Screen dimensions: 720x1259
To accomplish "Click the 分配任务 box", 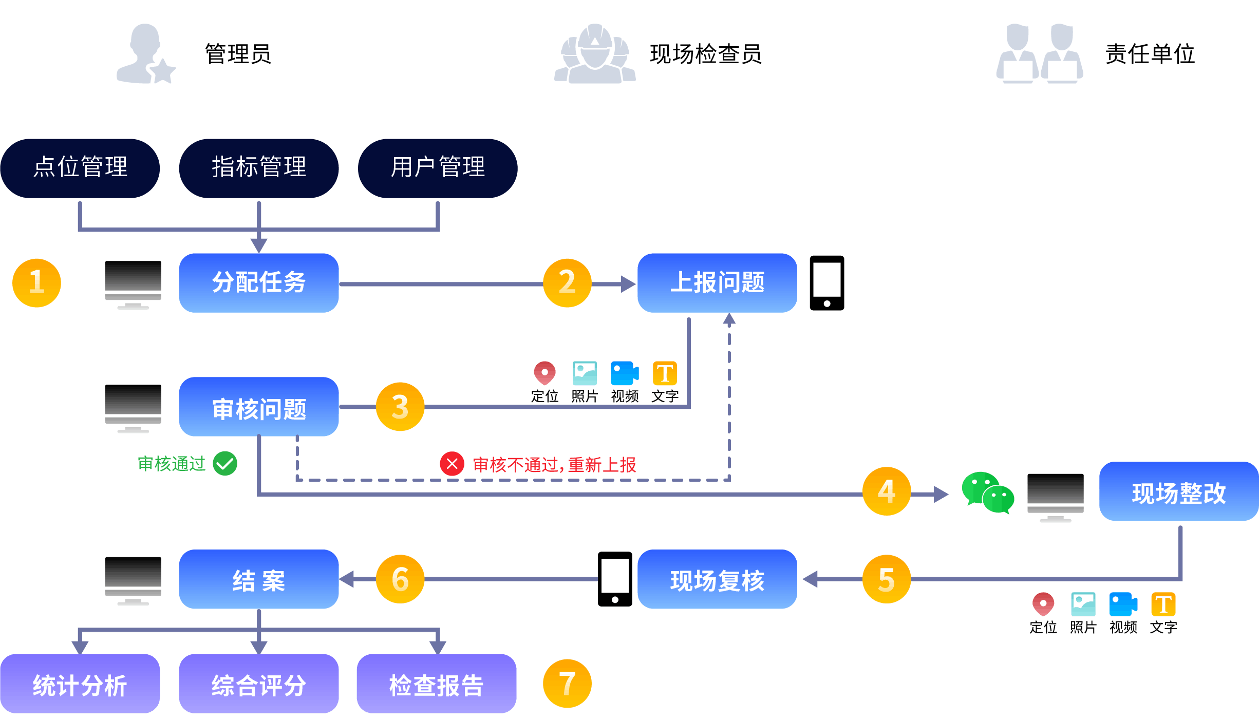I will tap(258, 282).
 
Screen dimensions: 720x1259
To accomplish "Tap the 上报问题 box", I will tap(717, 282).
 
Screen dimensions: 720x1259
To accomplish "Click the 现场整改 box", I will tap(1178, 491).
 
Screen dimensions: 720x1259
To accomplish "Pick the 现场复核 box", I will tap(717, 579).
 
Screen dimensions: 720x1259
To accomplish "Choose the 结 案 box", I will tap(258, 579).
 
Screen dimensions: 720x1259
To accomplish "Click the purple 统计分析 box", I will tap(80, 684).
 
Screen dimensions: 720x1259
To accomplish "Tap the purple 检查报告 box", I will tap(437, 684).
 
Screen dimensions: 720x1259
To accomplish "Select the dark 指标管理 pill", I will tap(258, 168).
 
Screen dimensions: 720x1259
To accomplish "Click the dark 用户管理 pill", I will tap(438, 168).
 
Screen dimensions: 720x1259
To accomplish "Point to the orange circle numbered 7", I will tap(567, 684).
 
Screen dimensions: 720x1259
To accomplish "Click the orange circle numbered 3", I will tap(400, 407).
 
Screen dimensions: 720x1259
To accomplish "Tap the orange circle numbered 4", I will tap(887, 491).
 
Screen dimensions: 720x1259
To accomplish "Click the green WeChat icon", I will tap(987, 492).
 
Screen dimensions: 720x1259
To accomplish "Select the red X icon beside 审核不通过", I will tap(452, 464).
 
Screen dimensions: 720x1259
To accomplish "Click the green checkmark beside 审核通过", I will tap(225, 464).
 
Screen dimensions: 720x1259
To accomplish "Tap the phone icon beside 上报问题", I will tap(826, 283).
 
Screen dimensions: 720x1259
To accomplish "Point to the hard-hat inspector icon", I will tap(595, 54).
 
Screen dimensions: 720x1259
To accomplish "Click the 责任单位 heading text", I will tap(1150, 54).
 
